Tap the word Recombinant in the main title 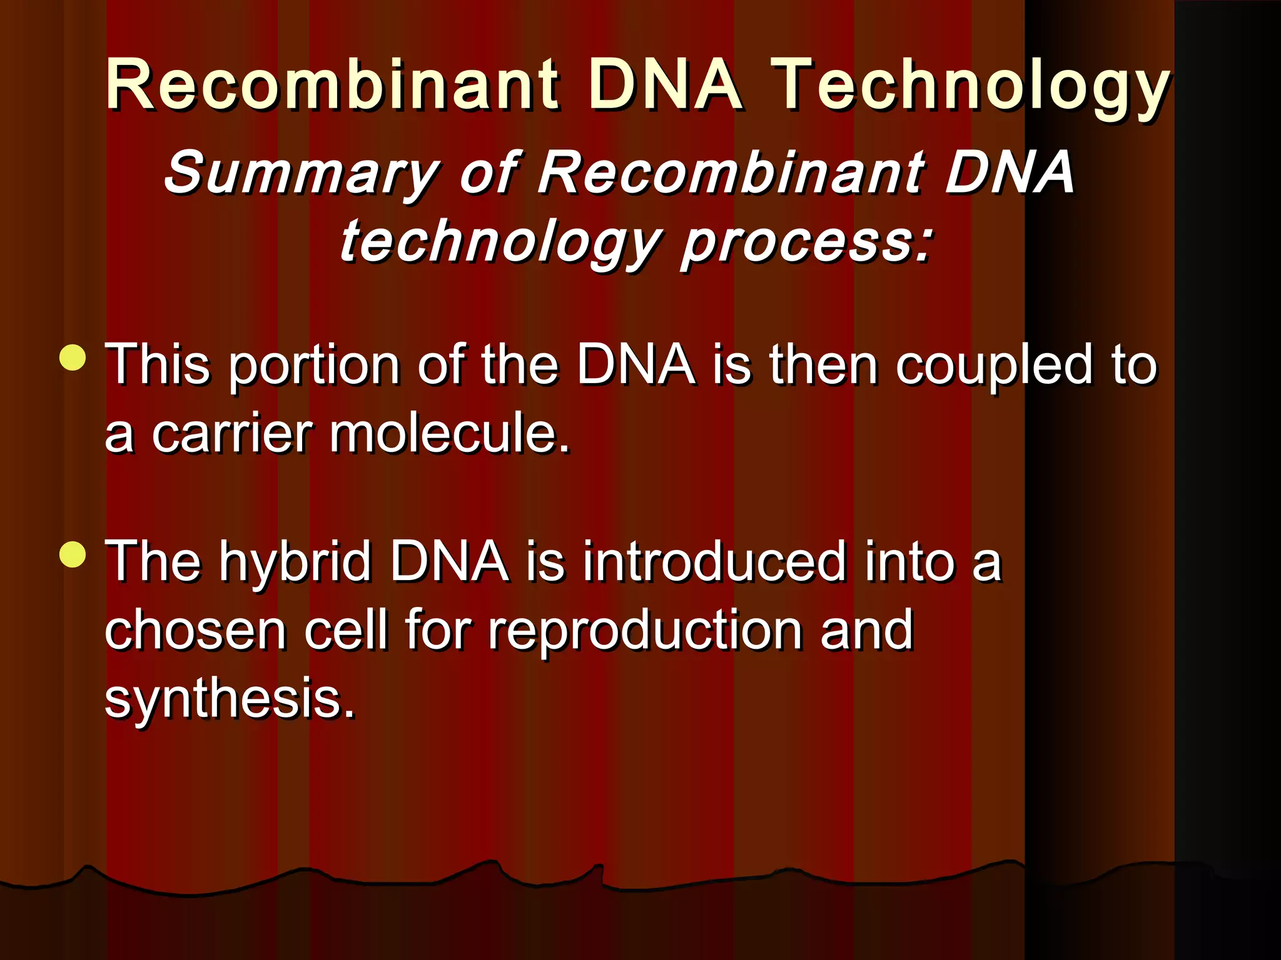(332, 84)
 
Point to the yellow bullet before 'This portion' (73, 357)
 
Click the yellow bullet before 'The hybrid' (73, 554)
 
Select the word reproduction (644, 631)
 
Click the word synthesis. (230, 699)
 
